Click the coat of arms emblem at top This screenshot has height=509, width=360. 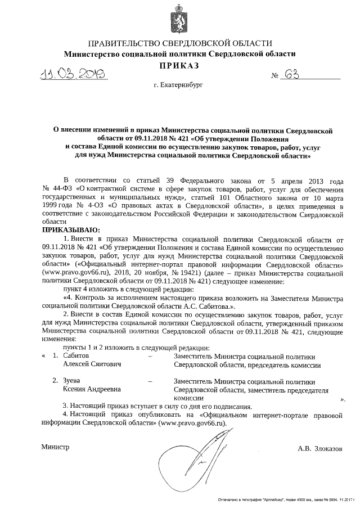pos(179,20)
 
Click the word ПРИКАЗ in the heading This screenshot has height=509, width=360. pos(179,66)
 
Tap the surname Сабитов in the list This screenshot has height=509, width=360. pos(76,356)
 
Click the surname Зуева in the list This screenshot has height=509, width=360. pos(74,381)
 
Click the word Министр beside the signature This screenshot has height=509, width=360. pos(55,447)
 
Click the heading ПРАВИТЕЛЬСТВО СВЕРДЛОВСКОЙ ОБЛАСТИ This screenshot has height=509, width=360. pos(179,44)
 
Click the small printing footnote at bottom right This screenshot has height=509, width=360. pos(287,499)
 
